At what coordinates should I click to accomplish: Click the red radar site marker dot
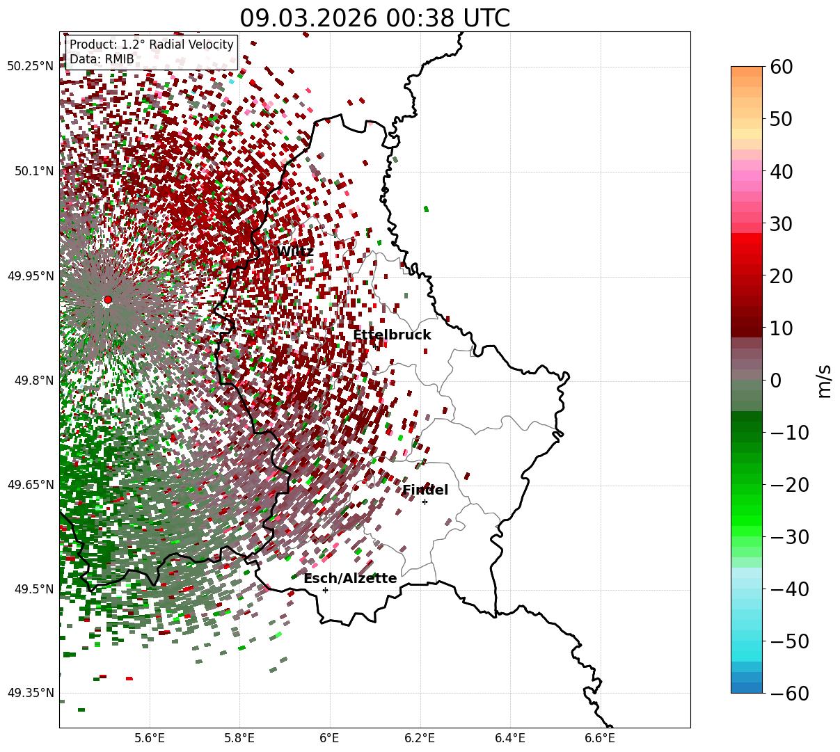click(107, 300)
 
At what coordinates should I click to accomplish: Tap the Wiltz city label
click(295, 252)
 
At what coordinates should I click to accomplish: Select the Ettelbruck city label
click(392, 335)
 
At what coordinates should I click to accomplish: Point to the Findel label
click(425, 490)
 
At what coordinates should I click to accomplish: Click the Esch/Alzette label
click(350, 579)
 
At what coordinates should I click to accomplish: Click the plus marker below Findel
click(425, 502)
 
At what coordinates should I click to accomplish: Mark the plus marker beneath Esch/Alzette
click(325, 590)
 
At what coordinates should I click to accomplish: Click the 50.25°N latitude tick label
click(30, 67)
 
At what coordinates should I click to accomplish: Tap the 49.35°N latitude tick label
click(30, 693)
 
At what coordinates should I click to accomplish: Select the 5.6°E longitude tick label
click(150, 737)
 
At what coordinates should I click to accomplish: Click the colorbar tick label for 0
click(775, 381)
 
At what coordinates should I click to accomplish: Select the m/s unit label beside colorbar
click(825, 381)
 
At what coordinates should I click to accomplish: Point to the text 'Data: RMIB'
click(102, 59)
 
